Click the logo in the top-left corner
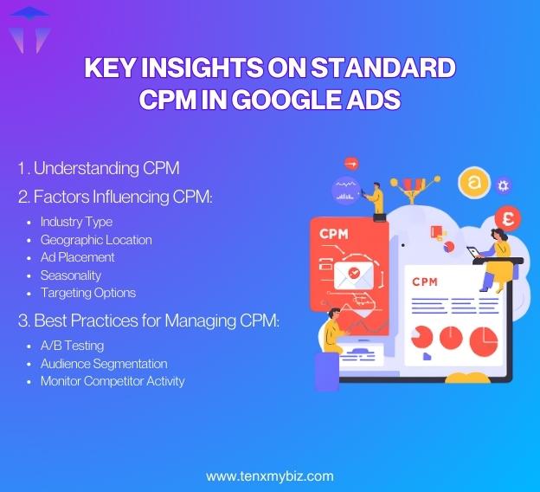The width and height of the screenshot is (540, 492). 29,29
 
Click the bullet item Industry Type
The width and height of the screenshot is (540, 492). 76,222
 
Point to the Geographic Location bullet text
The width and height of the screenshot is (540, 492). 96,239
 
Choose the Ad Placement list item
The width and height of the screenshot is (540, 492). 77,257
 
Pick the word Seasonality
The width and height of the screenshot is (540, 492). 71,275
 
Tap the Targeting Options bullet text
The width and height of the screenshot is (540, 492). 88,293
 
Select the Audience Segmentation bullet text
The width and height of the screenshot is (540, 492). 104,364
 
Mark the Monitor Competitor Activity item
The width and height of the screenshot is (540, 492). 112,381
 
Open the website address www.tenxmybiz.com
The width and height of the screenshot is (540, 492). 269,476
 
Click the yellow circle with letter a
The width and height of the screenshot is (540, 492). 473,183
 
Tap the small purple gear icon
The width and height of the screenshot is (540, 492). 503,185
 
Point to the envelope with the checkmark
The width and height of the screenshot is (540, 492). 353,275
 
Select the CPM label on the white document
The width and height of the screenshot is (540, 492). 425,282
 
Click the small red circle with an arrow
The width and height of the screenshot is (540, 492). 350,162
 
